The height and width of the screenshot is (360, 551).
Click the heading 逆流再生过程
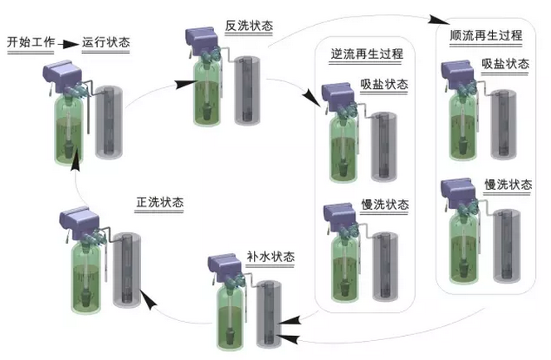pyautogui.click(x=368, y=55)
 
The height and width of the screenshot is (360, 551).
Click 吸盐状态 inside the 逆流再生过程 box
pyautogui.click(x=384, y=85)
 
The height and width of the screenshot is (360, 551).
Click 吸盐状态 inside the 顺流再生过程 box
pyautogui.click(x=505, y=65)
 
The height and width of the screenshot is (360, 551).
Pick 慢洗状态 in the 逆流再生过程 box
pyautogui.click(x=384, y=205)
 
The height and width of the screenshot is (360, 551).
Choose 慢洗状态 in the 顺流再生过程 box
pyautogui.click(x=505, y=183)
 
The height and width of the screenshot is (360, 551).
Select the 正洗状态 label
pyautogui.click(x=160, y=202)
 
